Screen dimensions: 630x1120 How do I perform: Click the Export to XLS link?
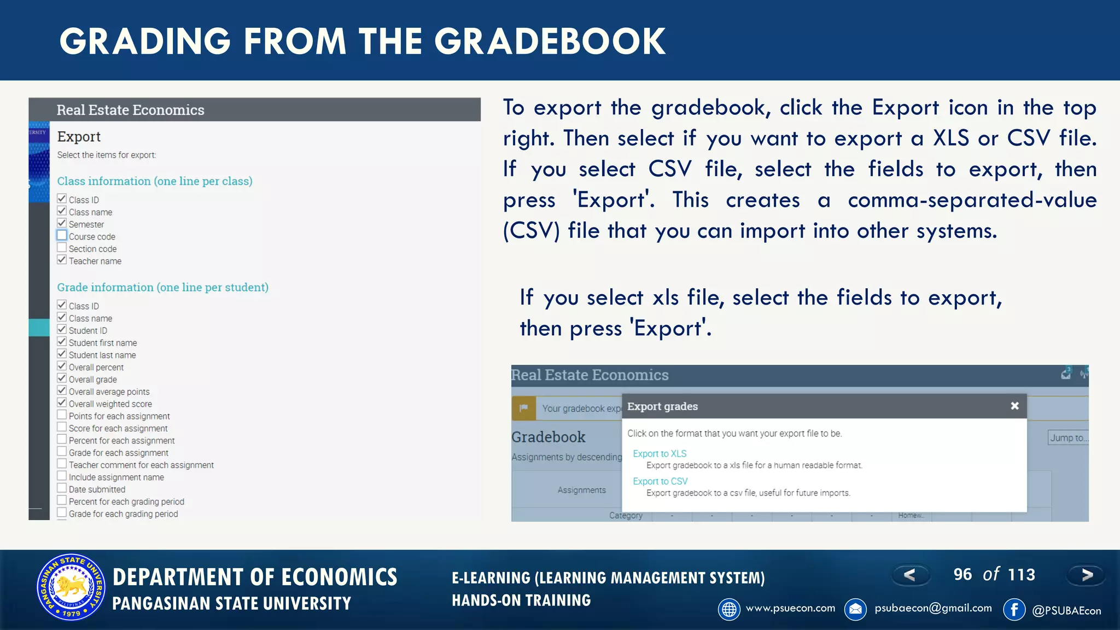(x=659, y=453)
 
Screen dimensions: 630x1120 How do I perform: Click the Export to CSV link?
(x=660, y=481)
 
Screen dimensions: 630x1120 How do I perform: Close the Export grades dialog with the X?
(x=1014, y=406)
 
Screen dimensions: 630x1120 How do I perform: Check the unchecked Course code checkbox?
(x=62, y=236)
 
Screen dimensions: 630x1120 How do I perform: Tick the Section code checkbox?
(x=62, y=248)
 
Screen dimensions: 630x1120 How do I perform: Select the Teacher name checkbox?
(x=62, y=260)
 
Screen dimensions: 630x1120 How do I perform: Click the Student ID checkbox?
(x=62, y=329)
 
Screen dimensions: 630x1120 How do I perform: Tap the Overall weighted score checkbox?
(x=62, y=402)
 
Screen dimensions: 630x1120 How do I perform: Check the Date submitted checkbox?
(x=62, y=488)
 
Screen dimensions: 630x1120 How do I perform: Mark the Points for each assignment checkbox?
(x=62, y=415)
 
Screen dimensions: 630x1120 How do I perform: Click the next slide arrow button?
(x=1086, y=575)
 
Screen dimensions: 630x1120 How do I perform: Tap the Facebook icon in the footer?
(x=1014, y=609)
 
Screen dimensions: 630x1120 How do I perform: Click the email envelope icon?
(x=855, y=609)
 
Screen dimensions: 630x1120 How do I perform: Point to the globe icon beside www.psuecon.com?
(x=729, y=609)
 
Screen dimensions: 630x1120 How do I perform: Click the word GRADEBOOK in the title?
(x=550, y=42)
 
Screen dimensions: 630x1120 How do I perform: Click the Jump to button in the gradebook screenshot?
(x=1068, y=437)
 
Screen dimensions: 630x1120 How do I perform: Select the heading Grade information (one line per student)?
(x=162, y=287)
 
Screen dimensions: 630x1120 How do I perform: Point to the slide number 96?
(x=962, y=574)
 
